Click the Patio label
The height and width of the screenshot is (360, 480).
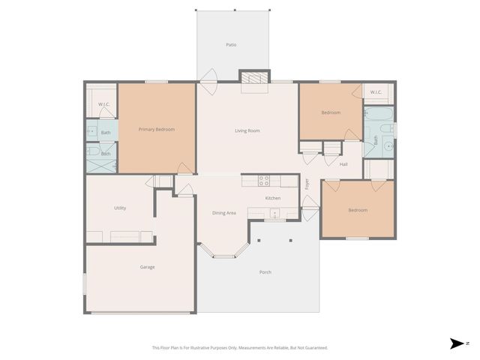click(231, 45)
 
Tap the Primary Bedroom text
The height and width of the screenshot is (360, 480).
click(156, 130)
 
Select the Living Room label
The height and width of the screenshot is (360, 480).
click(247, 131)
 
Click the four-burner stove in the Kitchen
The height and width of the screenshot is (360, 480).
click(264, 181)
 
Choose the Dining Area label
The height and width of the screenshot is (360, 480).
click(223, 213)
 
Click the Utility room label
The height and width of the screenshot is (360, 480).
click(120, 208)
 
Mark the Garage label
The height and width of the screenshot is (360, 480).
click(147, 267)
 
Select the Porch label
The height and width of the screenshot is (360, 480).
click(265, 271)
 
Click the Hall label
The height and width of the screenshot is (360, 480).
click(343, 164)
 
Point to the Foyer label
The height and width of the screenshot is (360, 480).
click(306, 183)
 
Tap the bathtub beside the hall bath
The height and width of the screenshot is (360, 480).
click(377, 115)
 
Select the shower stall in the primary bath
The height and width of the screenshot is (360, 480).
click(99, 164)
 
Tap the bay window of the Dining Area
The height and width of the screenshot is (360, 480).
click(223, 253)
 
